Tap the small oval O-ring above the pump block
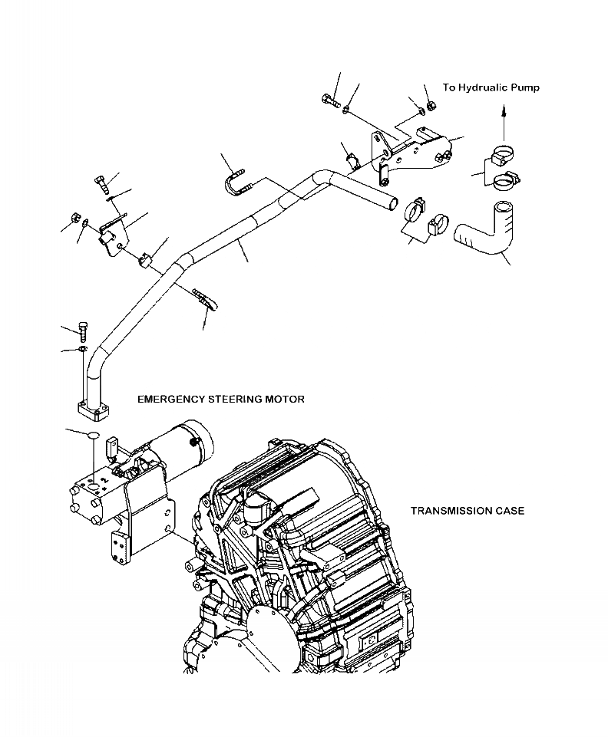coord(91,434)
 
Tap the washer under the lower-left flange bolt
coord(81,350)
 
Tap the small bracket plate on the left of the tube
coord(112,237)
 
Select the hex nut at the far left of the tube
coord(76,217)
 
